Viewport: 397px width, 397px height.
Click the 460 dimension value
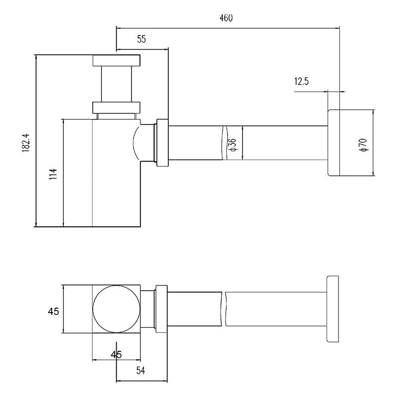tap(226, 18)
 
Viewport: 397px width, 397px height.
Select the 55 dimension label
tap(141, 39)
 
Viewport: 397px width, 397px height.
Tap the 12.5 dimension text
tap(301, 81)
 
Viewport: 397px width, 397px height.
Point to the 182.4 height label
tap(26, 143)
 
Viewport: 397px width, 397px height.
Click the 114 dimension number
tap(53, 174)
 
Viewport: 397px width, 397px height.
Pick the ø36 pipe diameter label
tap(232, 145)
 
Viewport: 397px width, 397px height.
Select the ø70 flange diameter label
tap(363, 145)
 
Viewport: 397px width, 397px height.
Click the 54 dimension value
tap(140, 371)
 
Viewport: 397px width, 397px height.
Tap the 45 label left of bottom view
tap(54, 311)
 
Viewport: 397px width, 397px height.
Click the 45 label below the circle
tap(116, 354)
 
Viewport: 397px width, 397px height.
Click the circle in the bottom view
tap(116, 309)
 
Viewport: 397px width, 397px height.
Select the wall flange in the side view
tap(333, 143)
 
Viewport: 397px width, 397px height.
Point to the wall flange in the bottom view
tap(332, 309)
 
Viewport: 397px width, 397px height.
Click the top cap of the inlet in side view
tap(116, 61)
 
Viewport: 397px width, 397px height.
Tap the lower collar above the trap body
tap(116, 107)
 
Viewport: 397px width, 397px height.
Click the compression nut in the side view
tap(163, 143)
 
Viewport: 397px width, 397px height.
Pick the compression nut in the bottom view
tap(162, 309)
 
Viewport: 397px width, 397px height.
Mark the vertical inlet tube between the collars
tap(117, 84)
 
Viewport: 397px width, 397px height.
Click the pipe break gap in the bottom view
tap(224, 309)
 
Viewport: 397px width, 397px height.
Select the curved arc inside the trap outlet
tap(135, 143)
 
